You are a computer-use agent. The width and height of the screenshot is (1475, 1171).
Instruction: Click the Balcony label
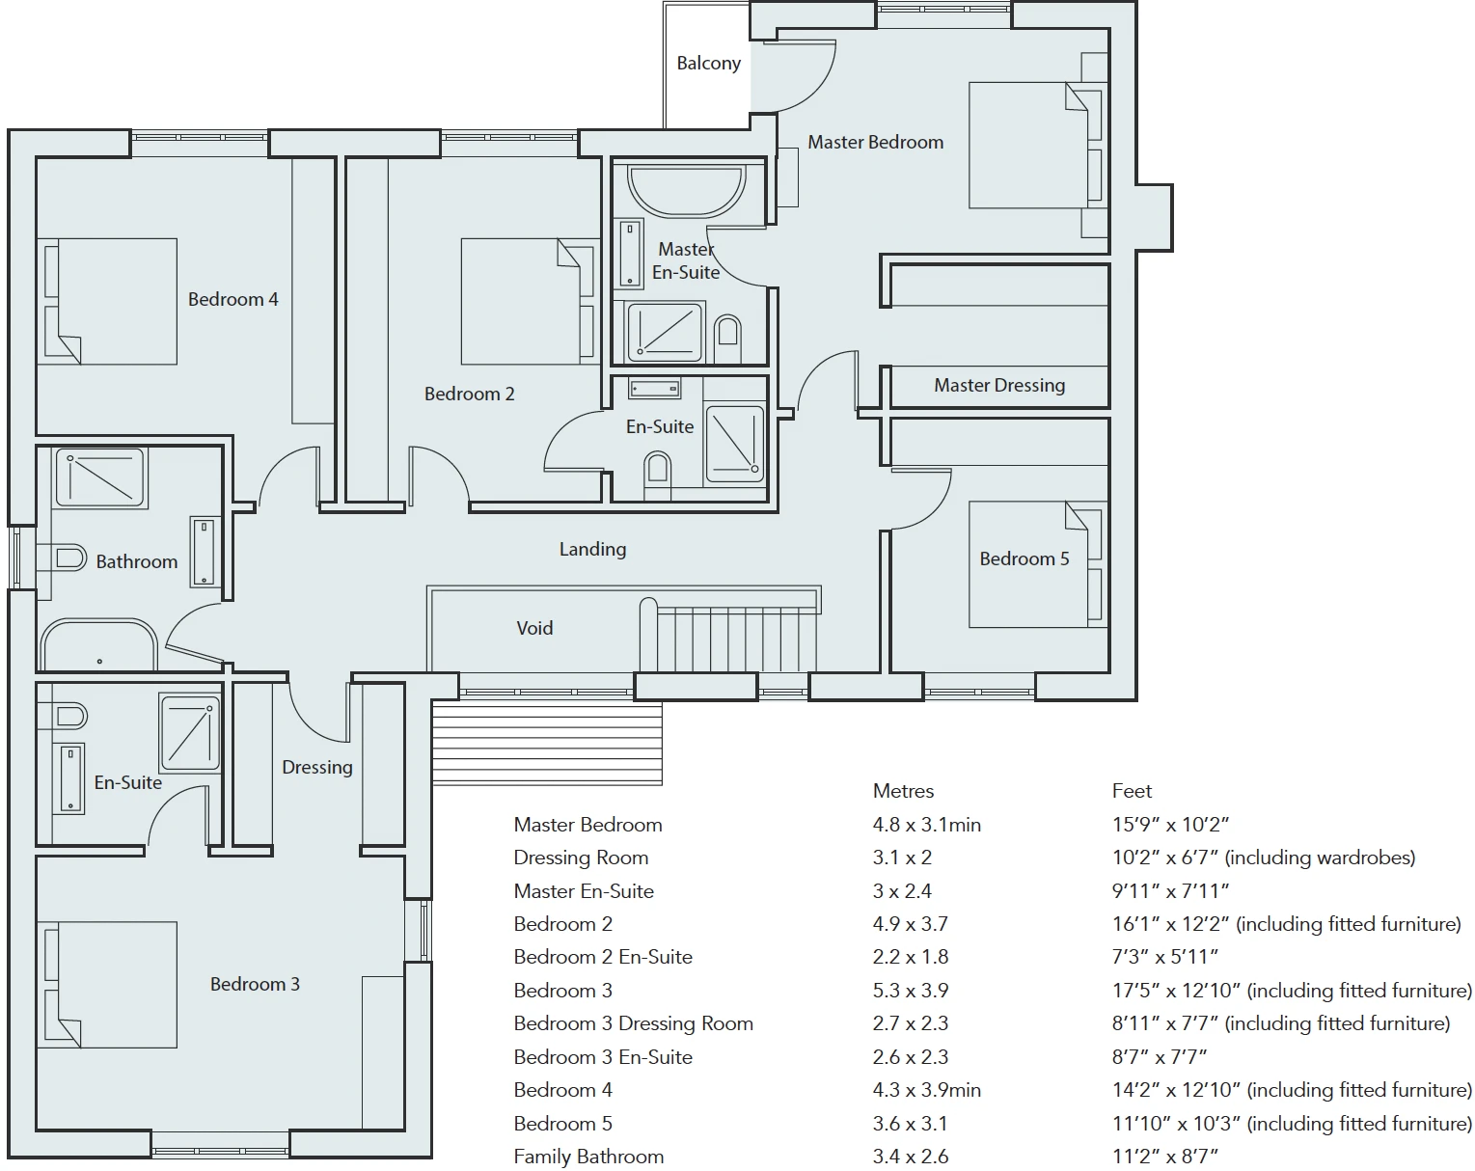coord(709,63)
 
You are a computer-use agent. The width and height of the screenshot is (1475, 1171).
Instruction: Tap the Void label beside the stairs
coord(534,628)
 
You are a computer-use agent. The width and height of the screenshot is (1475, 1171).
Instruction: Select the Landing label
coord(593,549)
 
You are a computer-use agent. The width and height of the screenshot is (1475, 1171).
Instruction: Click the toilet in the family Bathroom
coord(63,558)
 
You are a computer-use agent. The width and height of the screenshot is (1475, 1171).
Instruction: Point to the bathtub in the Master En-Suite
coord(686,188)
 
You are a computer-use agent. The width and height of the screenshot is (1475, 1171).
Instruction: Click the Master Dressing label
coord(999,385)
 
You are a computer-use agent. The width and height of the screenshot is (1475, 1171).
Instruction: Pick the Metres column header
coord(903,791)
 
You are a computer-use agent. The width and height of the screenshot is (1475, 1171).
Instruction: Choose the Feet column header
coord(1132,791)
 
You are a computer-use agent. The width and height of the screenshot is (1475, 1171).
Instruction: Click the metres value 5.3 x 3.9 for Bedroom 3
coord(911,991)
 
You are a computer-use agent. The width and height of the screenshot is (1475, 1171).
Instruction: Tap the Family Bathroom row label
coord(588,1157)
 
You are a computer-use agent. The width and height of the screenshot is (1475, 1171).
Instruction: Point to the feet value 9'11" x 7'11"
coord(1170,891)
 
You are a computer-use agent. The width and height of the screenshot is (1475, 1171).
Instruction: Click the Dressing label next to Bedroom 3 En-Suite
coord(317,767)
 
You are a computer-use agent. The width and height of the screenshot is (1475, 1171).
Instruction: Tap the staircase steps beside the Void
coord(730,638)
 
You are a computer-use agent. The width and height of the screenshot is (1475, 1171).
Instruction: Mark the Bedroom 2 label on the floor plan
coord(470,395)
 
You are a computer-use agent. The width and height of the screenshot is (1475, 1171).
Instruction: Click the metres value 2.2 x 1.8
coord(911,957)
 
